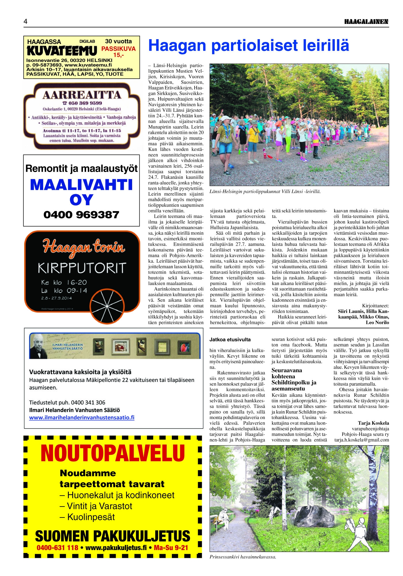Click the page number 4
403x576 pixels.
point(26,22)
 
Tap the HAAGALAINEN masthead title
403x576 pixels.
point(366,22)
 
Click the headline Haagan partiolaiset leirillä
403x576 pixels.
point(248,46)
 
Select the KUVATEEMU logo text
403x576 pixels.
point(62,51)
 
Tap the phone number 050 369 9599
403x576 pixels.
point(82,103)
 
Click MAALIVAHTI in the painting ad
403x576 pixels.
point(81,185)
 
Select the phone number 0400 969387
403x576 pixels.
point(81,215)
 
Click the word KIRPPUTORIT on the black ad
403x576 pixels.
point(82,268)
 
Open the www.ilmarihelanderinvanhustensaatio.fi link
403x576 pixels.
point(82,417)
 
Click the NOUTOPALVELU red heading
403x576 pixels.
point(113,453)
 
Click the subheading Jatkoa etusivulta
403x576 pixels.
point(230,340)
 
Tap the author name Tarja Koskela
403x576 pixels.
point(373,423)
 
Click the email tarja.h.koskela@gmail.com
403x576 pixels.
point(362,440)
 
